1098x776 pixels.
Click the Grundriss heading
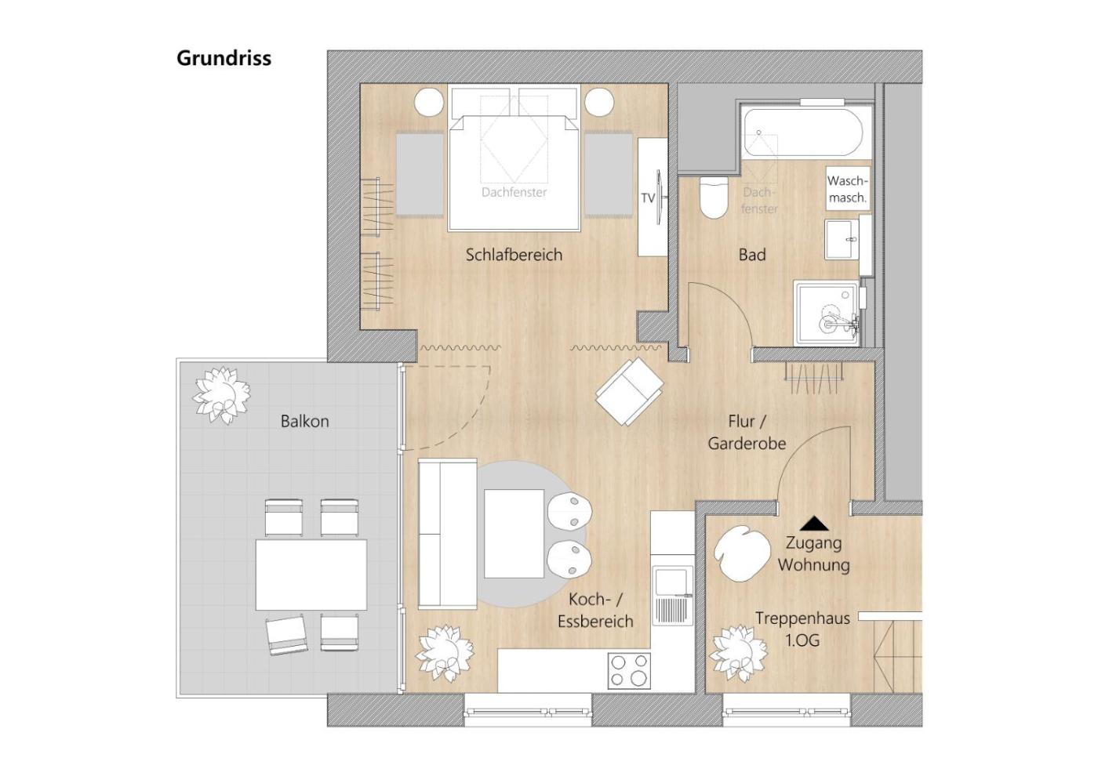(224, 58)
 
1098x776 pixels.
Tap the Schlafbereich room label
(514, 255)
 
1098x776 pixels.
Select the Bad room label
(752, 255)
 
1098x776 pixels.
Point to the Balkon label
(304, 422)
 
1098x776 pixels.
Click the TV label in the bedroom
(648, 198)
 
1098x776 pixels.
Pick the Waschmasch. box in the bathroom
(848, 189)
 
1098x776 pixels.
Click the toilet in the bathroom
(714, 197)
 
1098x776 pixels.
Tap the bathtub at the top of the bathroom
(802, 132)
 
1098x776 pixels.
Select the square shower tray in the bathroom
(827, 313)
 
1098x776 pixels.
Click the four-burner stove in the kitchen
(629, 671)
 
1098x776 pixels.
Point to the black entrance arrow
(815, 524)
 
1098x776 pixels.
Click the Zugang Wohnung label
(814, 553)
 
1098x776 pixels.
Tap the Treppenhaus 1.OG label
(802, 629)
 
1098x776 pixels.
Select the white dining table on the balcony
(311, 575)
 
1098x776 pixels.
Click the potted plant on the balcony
(221, 395)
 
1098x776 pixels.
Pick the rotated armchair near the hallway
(630, 391)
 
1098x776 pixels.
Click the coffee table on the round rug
(514, 534)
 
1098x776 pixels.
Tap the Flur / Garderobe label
(747, 433)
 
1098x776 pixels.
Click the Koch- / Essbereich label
(595, 611)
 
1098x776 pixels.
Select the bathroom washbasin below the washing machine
(842, 240)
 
